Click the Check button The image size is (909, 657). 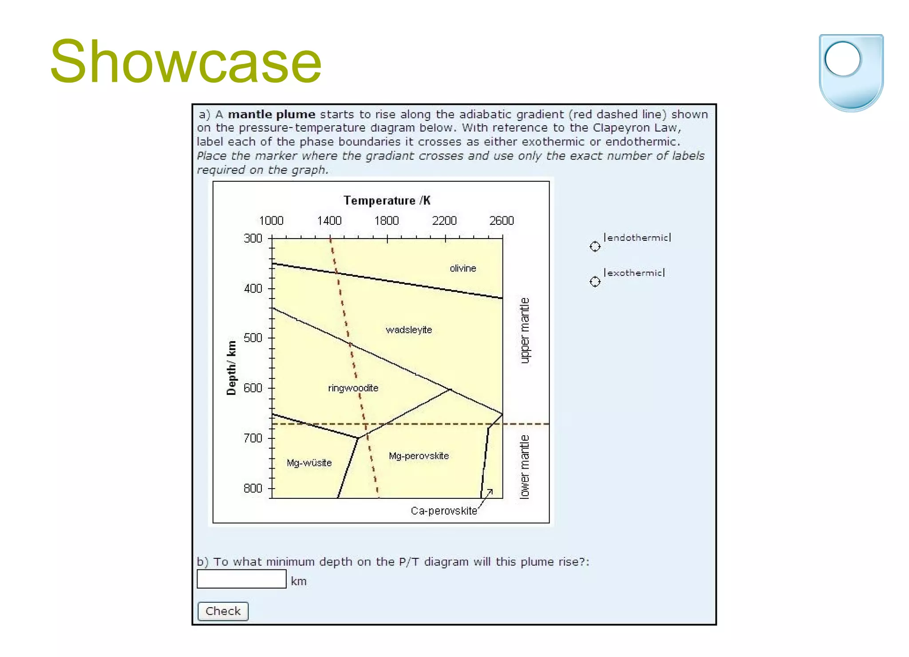coord(223,611)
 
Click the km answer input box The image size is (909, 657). coord(241,579)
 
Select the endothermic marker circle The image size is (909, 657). coord(595,246)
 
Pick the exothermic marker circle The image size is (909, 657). coord(595,282)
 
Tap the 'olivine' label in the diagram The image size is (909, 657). coord(462,268)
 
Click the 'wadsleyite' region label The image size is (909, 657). coord(408,330)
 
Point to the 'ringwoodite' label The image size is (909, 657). coord(353,388)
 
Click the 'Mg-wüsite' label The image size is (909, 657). coord(309,463)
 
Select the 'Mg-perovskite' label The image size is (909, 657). coord(419,456)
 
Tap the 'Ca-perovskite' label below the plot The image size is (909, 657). coord(443,511)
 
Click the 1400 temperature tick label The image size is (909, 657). coord(329,221)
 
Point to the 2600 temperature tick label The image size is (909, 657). coord(501,221)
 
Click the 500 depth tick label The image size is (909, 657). coord(253,338)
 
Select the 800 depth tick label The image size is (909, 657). coord(253,488)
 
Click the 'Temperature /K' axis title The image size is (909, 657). coord(387,200)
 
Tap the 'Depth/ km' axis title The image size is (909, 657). coord(231,368)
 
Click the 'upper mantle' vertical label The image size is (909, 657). coord(525,330)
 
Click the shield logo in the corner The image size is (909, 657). coord(851,72)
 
